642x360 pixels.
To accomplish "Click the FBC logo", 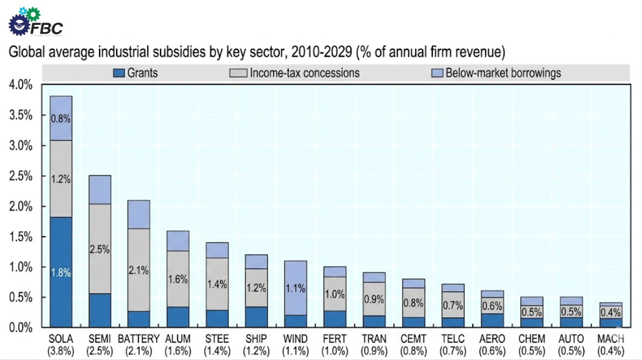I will pyautogui.click(x=36, y=22).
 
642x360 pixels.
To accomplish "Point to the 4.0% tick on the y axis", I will pyautogui.click(x=20, y=85).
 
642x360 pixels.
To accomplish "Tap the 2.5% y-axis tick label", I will pyautogui.click(x=20, y=176).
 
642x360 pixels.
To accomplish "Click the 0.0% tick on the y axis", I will pyautogui.click(x=20, y=327).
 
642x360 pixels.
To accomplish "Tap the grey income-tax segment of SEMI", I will pyautogui.click(x=100, y=249).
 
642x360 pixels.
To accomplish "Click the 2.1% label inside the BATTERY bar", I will pyautogui.click(x=138, y=270).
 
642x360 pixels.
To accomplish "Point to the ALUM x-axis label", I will pyautogui.click(x=177, y=338).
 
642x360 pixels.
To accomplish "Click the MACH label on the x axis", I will pyautogui.click(x=610, y=338).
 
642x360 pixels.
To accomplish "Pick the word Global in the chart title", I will pyautogui.click(x=24, y=53).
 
